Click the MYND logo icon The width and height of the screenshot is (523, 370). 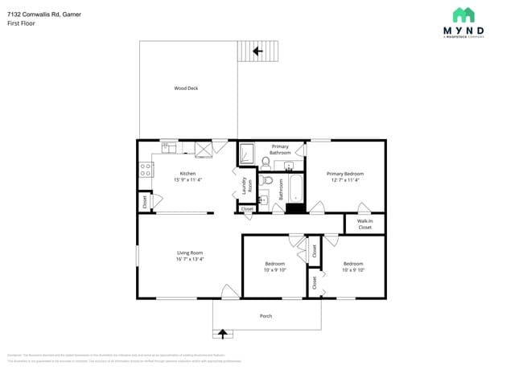463,14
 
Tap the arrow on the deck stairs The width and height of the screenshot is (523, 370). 257,51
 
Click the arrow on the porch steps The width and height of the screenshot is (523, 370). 223,332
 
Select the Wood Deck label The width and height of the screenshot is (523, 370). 186,88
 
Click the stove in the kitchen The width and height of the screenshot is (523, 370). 146,170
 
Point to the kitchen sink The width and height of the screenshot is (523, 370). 169,146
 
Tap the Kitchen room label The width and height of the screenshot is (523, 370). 187,173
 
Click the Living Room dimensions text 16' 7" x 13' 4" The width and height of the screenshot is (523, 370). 190,259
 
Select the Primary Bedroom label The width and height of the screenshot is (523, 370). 345,174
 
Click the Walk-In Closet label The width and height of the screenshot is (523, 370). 364,224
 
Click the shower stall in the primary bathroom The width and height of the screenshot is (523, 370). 247,153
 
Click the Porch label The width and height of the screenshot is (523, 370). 266,316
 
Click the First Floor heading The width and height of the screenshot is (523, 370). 21,23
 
